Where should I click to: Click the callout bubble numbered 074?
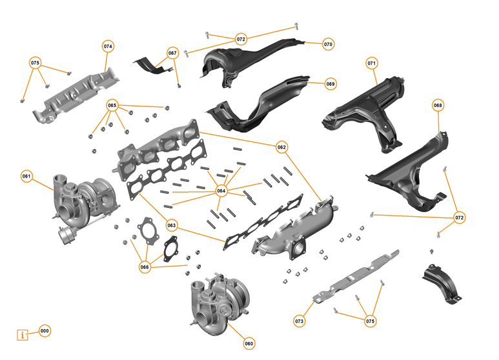(108, 46)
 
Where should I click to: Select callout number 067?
(172, 53)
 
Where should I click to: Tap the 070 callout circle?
(328, 45)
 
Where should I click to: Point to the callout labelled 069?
(330, 84)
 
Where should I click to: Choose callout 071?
(371, 63)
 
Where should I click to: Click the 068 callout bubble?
(438, 105)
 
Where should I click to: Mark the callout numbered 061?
(26, 175)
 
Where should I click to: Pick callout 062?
(281, 147)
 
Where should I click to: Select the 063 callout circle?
(171, 225)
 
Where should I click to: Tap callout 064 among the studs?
(221, 190)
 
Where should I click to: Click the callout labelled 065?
(112, 105)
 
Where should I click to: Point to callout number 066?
(144, 266)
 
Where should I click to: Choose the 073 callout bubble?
(299, 321)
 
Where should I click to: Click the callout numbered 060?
(249, 343)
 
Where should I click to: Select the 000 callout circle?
(44, 331)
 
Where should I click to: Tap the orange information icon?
(24, 335)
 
